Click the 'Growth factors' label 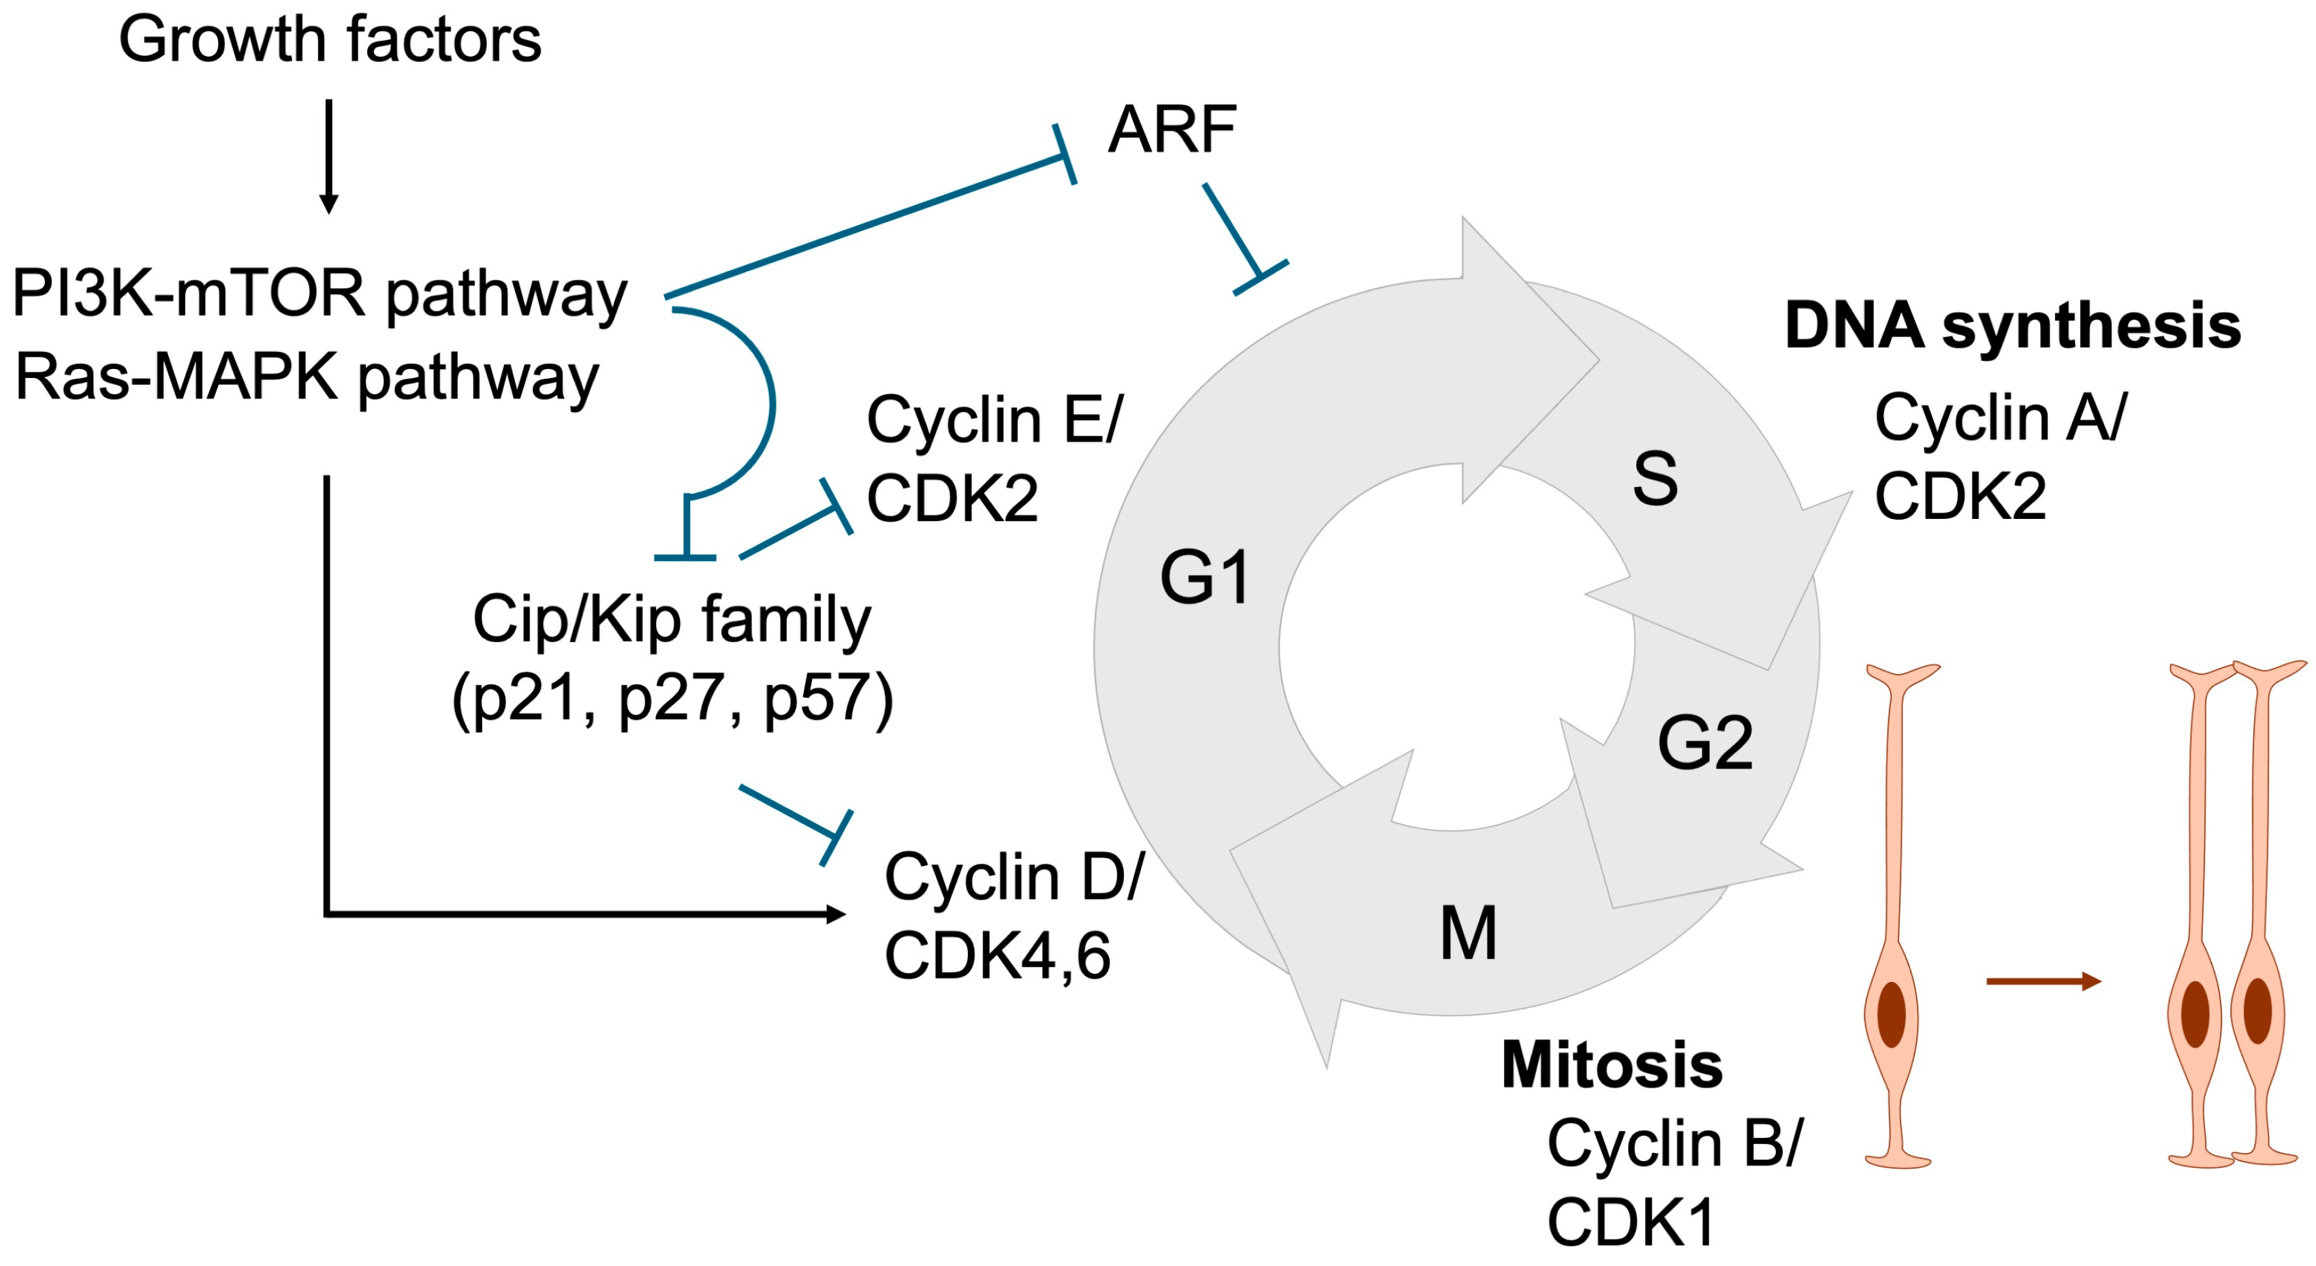[330, 40]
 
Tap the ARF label [1172, 130]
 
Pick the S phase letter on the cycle [1655, 478]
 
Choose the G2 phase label [1704, 744]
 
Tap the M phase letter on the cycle [1468, 933]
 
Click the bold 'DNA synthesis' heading [2012, 326]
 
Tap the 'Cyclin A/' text [2001, 419]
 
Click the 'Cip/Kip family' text [672, 620]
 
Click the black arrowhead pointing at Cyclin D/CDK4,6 [835, 915]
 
